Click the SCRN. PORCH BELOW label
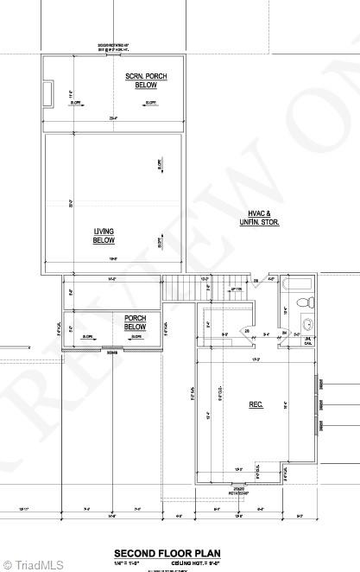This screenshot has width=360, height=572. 146,81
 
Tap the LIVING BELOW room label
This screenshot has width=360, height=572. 104,236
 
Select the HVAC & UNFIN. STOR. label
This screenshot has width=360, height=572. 259,218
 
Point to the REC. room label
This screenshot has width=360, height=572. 256,404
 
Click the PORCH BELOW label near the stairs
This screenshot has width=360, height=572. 135,322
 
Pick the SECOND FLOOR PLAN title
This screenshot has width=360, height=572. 167,553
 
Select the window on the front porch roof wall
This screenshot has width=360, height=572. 112,351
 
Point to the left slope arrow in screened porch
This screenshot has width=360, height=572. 77,103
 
